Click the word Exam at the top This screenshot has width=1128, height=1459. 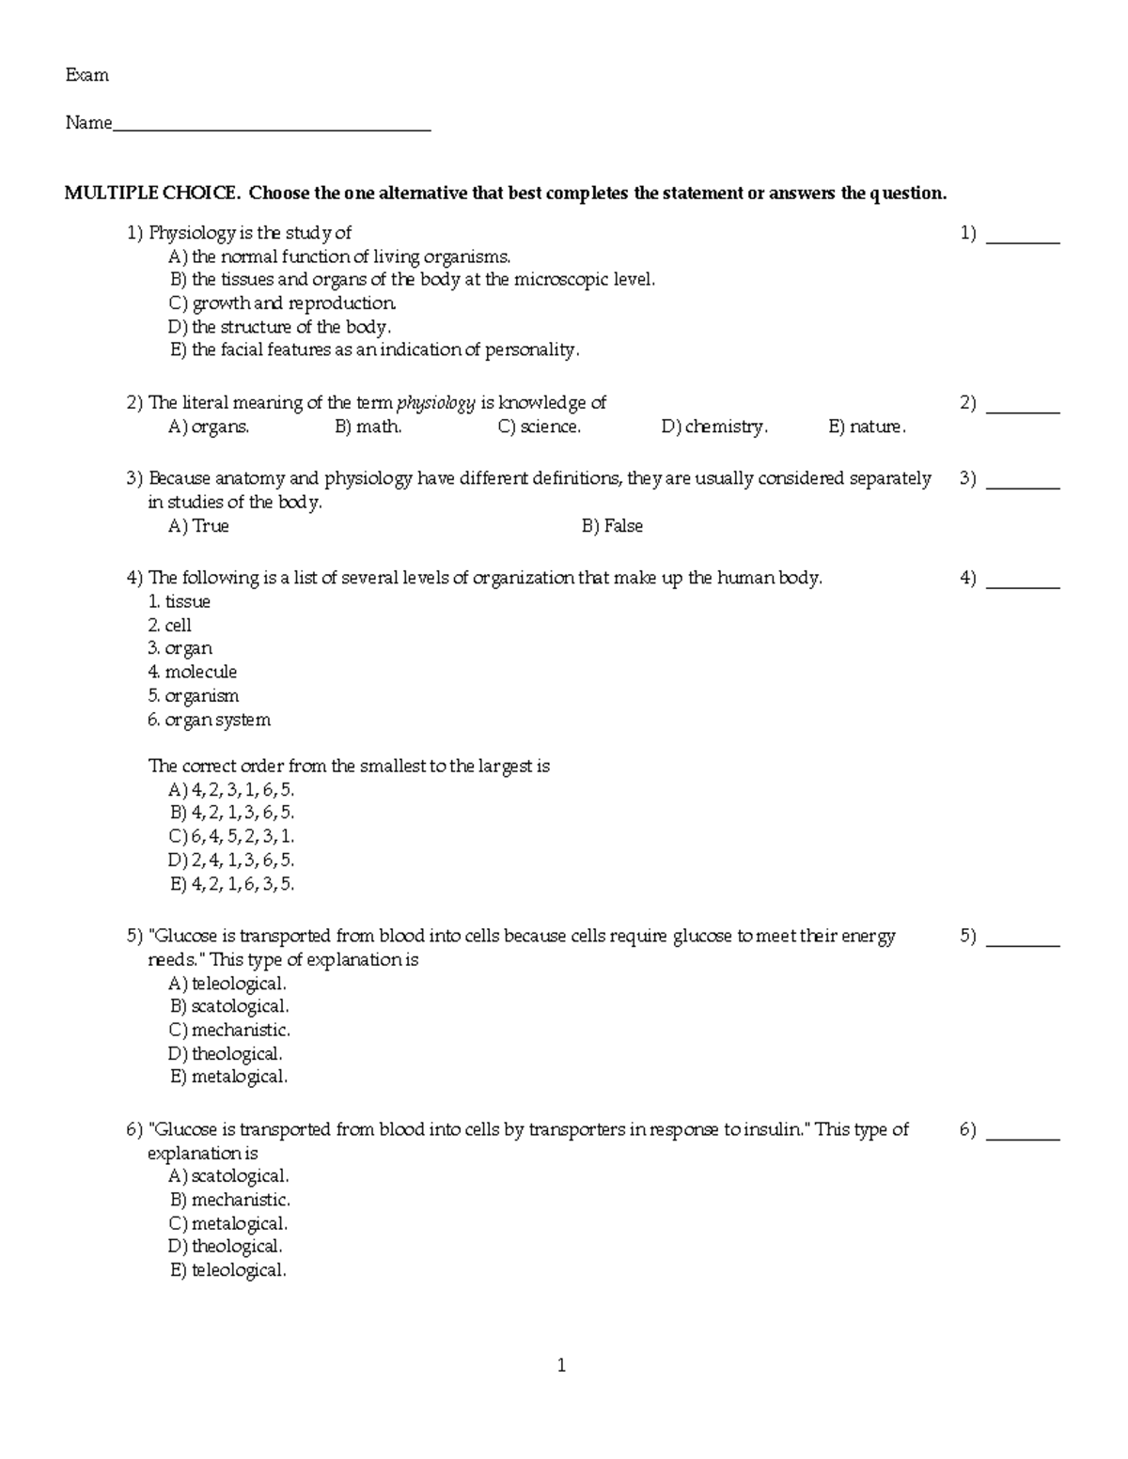[x=86, y=75]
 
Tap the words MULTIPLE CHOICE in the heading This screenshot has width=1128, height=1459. [x=151, y=194]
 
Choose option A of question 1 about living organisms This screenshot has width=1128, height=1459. [x=339, y=256]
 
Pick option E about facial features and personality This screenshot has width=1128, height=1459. [x=374, y=349]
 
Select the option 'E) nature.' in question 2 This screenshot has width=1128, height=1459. [x=867, y=427]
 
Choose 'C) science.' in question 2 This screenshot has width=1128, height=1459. [x=539, y=427]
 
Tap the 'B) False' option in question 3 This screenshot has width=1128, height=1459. [x=612, y=526]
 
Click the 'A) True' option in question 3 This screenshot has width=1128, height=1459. [x=198, y=526]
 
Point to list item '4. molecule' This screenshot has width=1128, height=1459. [x=192, y=672]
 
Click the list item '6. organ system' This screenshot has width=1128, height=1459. [x=209, y=720]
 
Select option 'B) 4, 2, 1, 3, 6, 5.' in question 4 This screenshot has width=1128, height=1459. [x=231, y=813]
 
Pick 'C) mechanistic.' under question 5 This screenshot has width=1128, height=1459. [x=229, y=1030]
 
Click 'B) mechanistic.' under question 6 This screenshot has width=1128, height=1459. [x=229, y=1200]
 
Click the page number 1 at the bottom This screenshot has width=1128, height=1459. [x=561, y=1366]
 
